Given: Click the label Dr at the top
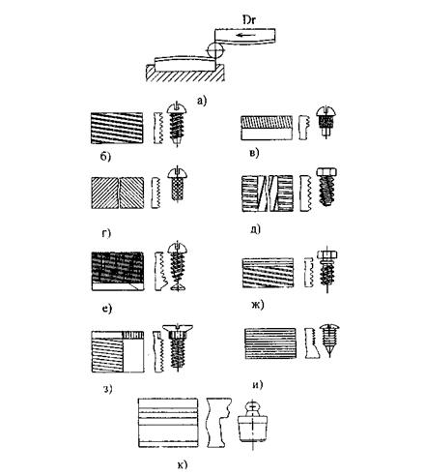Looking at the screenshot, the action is click(249, 20).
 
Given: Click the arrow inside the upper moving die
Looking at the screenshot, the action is click(245, 35).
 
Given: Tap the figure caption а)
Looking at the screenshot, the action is click(202, 102).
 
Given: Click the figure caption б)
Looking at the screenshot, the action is click(105, 157).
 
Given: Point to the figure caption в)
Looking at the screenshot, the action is click(254, 153).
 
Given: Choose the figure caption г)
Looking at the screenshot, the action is click(106, 233).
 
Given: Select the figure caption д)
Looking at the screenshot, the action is click(255, 229).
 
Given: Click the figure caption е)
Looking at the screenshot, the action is click(107, 309).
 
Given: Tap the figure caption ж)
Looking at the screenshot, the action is click(257, 305).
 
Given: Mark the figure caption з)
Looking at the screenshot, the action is click(107, 389).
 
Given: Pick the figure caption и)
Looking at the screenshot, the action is click(257, 385).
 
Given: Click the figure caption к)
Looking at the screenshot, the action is click(183, 464).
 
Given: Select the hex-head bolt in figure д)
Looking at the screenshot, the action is click(326, 187).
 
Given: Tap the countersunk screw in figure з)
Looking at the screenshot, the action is click(178, 347).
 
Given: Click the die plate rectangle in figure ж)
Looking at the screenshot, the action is click(268, 273).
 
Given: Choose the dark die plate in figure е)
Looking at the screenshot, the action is click(118, 271).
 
